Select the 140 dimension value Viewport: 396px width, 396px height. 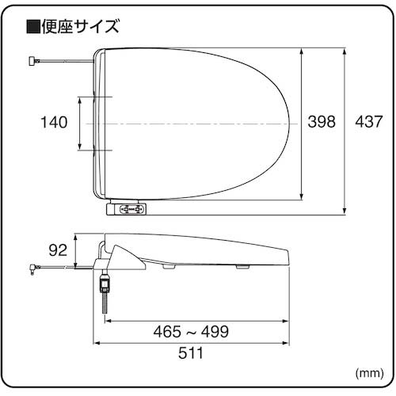point(54,122)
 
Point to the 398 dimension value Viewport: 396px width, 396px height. point(322,122)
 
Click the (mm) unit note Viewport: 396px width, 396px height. point(369,371)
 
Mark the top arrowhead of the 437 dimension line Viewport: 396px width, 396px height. point(345,50)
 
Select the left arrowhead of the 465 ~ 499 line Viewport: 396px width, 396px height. point(109,321)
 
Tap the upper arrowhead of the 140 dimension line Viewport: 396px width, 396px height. point(82,100)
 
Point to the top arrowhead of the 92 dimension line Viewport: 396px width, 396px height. point(76,236)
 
